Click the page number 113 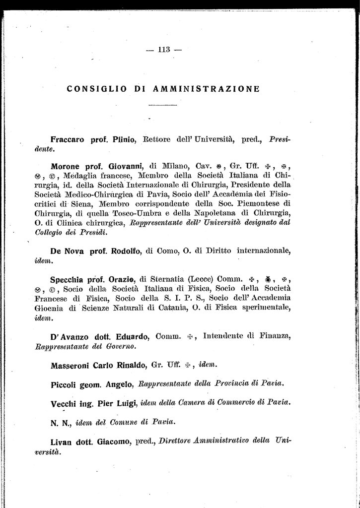tap(164, 49)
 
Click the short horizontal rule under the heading tap(163, 106)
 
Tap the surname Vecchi tap(64, 402)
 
